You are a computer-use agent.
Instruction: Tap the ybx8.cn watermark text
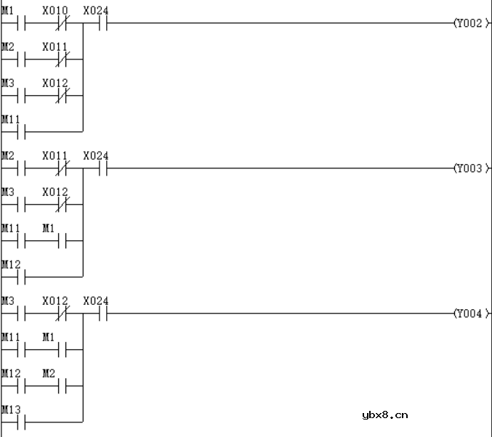[x=384, y=415]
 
